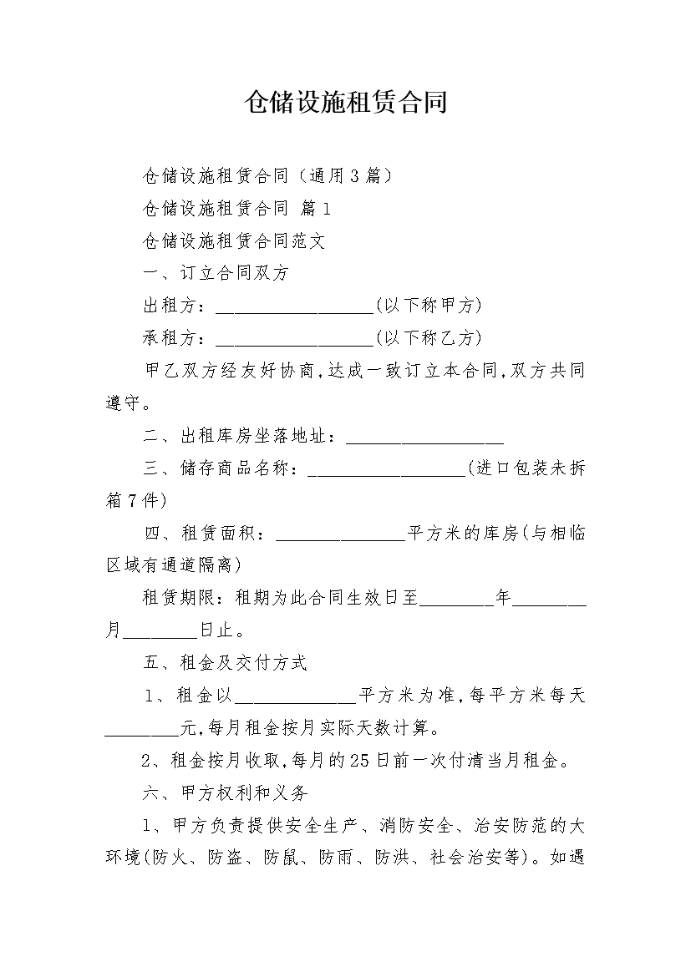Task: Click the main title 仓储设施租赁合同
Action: pyautogui.click(x=346, y=102)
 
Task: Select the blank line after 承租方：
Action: pyautogui.click(x=294, y=345)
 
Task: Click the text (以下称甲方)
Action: pyautogui.click(x=429, y=306)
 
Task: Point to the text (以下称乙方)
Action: pyautogui.click(x=429, y=337)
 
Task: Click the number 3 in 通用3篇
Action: pyautogui.click(x=354, y=176)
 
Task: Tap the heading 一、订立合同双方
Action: pyautogui.click(x=216, y=273)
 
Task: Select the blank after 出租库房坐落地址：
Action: pyautogui.click(x=424, y=443)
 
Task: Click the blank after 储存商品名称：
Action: pyautogui.click(x=388, y=475)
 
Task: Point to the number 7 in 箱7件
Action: pyautogui.click(x=132, y=500)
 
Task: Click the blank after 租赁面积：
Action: pyautogui.click(x=341, y=539)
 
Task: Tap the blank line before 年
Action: pyautogui.click(x=457, y=605)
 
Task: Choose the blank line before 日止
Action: pyautogui.click(x=160, y=637)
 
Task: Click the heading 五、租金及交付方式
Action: pyautogui.click(x=225, y=662)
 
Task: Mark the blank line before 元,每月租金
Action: pyautogui.click(x=141, y=734)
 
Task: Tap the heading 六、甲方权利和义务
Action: pyautogui.click(x=225, y=792)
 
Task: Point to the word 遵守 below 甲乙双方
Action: pyautogui.click(x=124, y=403)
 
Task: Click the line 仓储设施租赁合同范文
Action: pyautogui.click(x=234, y=240)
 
